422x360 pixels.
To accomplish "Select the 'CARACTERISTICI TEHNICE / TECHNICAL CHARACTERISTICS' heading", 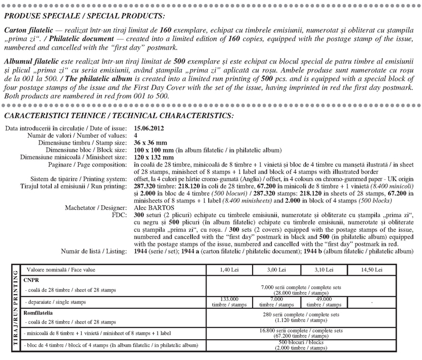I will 118,116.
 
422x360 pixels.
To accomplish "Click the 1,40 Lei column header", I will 228,270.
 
